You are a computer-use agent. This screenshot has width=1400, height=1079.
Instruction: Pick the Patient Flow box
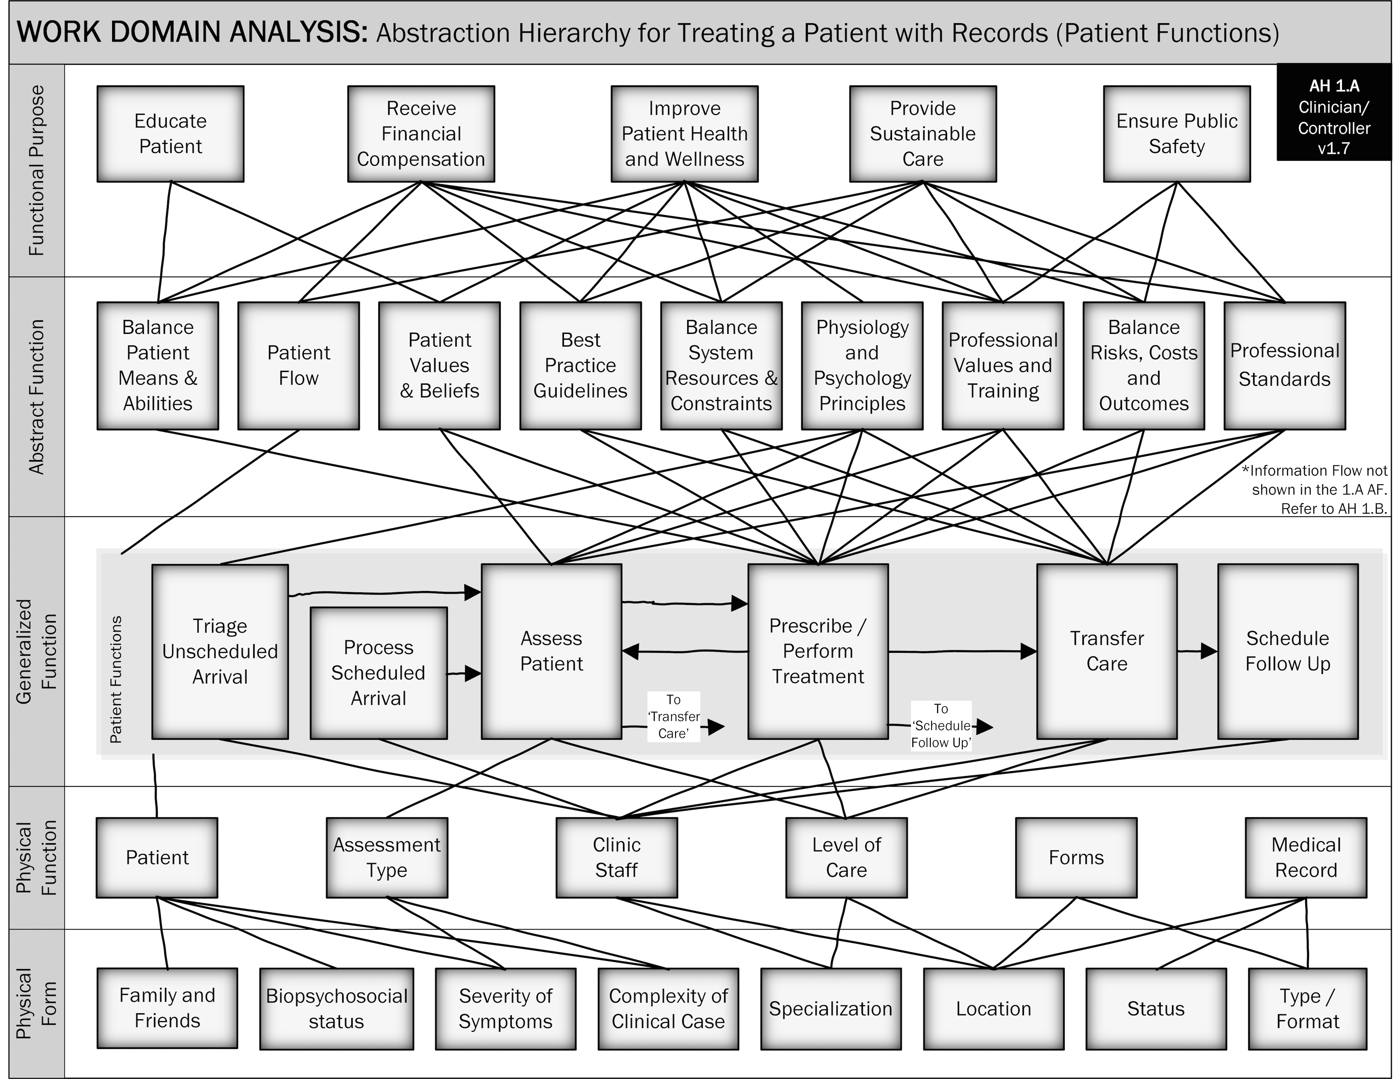pos(299,366)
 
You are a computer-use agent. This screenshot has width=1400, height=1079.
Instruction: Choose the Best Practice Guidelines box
pos(580,366)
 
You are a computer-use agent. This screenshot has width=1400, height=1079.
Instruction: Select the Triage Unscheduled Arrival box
pos(220,651)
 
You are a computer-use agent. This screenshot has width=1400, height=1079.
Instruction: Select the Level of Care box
pos(846,857)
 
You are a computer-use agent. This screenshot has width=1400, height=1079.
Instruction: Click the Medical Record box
pos(1306,857)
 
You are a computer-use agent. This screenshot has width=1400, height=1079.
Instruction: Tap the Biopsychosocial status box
pos(337,1009)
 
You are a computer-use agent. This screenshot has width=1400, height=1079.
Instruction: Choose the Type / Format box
pos(1308,1009)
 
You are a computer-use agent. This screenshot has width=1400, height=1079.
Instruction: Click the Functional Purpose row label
pos(36,170)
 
